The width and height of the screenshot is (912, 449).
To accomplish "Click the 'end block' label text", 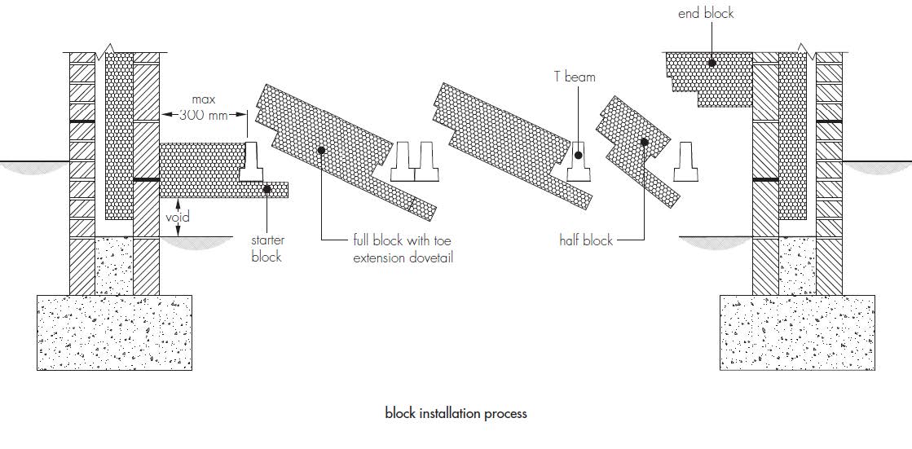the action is tap(706, 13).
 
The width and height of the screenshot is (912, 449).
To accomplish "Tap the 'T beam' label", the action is tap(575, 76).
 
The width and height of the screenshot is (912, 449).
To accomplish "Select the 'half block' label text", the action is tap(586, 240).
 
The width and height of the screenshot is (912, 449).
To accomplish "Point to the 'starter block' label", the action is tap(267, 249).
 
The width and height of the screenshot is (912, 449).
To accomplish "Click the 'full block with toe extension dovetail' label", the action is tap(403, 249).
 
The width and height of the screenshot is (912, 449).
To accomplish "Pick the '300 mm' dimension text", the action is tap(203, 115).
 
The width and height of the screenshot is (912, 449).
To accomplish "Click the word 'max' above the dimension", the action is tap(203, 100).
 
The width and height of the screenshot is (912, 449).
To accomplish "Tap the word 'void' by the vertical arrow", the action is tap(178, 218).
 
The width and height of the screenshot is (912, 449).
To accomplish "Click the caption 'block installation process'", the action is tap(456, 413).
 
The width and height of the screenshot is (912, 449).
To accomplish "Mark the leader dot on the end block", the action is tap(712, 62).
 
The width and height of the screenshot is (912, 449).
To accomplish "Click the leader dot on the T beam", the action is tap(578, 156).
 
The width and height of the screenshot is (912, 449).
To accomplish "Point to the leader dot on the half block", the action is tap(644, 142).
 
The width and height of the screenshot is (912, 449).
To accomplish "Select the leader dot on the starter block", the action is tap(267, 188).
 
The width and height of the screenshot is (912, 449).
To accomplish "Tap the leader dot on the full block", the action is tap(321, 150).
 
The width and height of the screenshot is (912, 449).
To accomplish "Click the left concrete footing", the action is tap(115, 332).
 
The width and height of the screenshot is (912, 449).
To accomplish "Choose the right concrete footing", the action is tap(797, 332).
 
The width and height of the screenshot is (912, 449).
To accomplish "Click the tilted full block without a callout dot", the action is tap(512, 145).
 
